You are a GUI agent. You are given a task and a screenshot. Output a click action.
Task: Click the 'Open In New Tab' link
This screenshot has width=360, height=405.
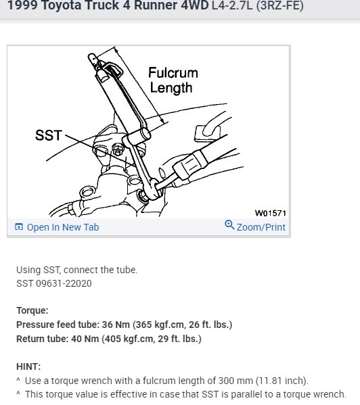tap(63, 227)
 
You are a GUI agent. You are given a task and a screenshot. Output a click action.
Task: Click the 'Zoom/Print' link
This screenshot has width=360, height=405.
tap(261, 227)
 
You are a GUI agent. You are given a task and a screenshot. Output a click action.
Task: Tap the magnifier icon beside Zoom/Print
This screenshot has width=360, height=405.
tap(229, 226)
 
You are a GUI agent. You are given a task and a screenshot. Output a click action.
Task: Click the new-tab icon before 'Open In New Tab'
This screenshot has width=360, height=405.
tap(19, 227)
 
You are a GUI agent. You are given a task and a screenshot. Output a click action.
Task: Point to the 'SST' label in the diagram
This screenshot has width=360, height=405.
tap(48, 135)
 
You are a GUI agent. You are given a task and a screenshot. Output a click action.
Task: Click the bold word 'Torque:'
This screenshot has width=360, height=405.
tap(32, 311)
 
